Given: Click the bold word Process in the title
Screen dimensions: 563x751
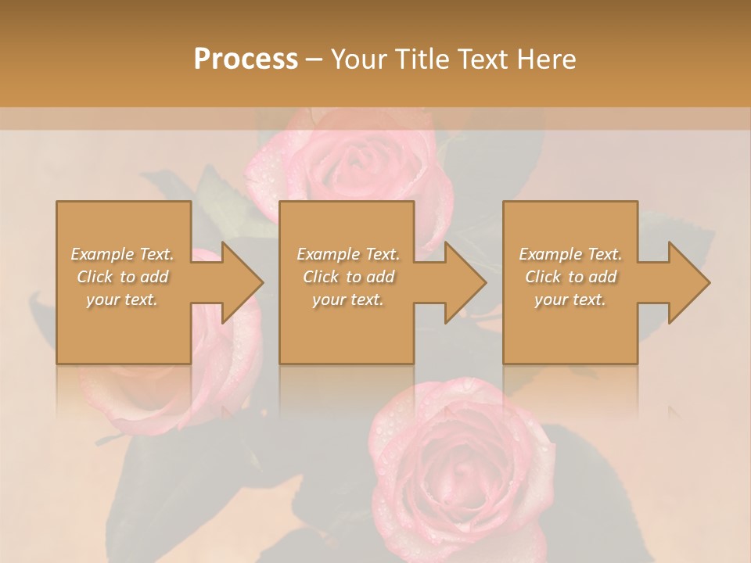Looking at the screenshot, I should click(246, 59).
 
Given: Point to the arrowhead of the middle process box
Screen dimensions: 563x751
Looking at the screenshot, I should click(464, 282).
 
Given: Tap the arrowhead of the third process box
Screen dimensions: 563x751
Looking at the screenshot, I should click(688, 282).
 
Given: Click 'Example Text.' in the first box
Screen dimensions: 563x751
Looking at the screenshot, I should click(123, 254).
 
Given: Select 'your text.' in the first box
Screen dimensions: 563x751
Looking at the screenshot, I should click(123, 299).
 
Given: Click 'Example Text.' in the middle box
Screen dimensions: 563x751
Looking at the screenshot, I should click(348, 254).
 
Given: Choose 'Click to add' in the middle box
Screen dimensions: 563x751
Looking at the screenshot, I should click(348, 277).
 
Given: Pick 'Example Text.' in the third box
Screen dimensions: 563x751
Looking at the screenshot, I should click(570, 254).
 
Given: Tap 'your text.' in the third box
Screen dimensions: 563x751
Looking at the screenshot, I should click(570, 299).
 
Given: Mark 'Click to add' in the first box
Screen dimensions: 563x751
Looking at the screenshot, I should click(123, 277).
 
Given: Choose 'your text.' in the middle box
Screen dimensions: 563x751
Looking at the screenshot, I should click(348, 299).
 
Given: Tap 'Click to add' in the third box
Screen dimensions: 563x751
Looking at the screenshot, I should click(570, 277).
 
